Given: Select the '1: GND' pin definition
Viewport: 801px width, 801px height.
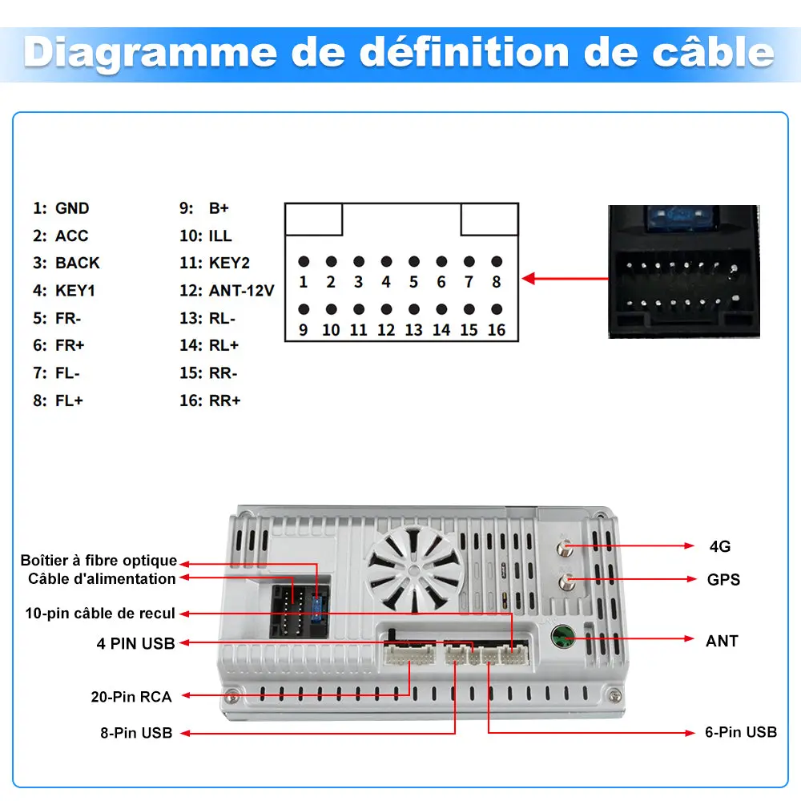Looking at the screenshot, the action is tap(62, 208).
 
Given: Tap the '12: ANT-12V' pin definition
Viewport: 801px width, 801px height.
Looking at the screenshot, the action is tap(227, 291).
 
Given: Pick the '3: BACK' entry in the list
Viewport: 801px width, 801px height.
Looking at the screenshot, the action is tap(66, 263).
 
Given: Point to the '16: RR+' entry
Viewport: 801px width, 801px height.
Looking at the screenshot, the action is tap(210, 400).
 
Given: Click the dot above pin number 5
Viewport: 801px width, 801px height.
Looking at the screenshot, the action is tap(414, 262).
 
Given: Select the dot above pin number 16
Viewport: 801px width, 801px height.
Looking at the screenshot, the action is tap(497, 309).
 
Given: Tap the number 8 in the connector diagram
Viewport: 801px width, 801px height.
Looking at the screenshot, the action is tap(497, 282).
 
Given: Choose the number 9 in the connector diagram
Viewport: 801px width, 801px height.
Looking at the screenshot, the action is tap(304, 330).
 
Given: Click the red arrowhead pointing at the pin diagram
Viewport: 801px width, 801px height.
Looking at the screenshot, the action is tap(528, 279).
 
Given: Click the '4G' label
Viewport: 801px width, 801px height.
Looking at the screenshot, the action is tap(720, 546).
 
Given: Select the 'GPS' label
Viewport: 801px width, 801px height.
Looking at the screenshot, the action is tap(723, 580).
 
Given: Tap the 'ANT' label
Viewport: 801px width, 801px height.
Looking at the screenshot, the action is tap(722, 641).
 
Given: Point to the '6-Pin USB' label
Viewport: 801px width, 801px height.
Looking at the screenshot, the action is tap(741, 732).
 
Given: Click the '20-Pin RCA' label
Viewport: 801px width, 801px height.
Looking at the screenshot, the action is tap(131, 697).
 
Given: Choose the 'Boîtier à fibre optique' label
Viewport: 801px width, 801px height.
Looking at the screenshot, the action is tap(99, 561).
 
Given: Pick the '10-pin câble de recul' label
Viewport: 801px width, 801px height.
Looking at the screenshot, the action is tap(100, 613).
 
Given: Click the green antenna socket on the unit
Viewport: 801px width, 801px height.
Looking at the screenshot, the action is tap(563, 637).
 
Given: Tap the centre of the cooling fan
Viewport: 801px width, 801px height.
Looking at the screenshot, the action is tap(415, 569).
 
